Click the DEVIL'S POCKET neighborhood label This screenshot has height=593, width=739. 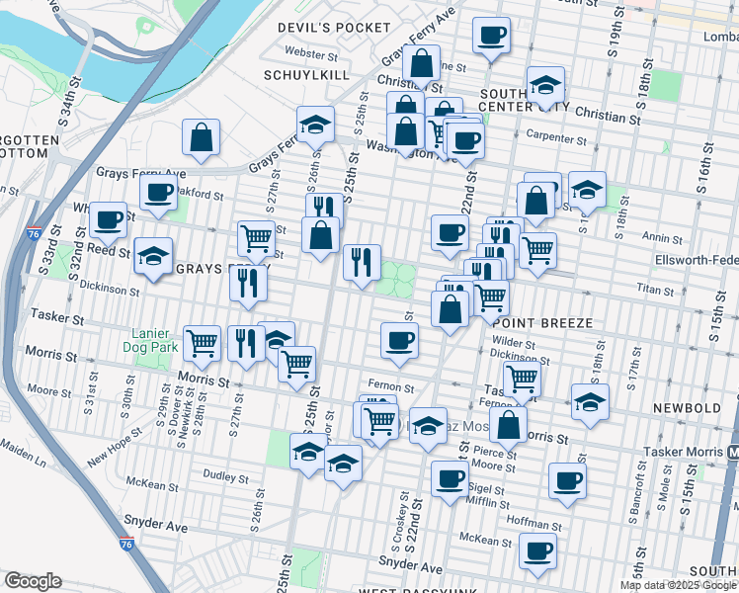pyautogui.click(x=334, y=27)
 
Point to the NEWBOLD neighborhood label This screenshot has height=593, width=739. pyautogui.click(x=683, y=407)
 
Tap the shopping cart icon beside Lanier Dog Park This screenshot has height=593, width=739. pyautogui.click(x=203, y=343)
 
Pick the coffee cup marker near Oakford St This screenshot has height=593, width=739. pyautogui.click(x=157, y=194)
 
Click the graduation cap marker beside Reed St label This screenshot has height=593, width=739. pyautogui.click(x=153, y=255)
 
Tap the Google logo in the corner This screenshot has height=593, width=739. pyautogui.click(x=33, y=582)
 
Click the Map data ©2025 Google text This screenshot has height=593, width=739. pyautogui.click(x=678, y=585)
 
